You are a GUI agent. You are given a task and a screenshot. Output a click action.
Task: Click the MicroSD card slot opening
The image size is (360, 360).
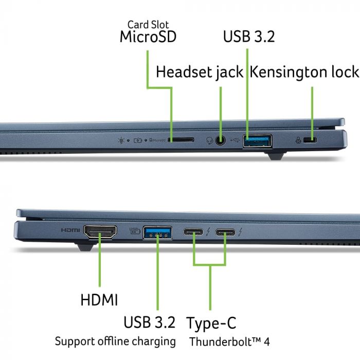point(182,139)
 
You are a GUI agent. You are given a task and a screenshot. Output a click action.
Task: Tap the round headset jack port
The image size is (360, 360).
point(221,139)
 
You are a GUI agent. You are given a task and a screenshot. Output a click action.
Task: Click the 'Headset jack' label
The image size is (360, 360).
point(200,72)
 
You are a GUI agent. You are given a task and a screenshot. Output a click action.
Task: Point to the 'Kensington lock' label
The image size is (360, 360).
point(304,72)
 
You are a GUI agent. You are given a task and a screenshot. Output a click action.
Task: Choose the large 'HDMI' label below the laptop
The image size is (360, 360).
point(99,299)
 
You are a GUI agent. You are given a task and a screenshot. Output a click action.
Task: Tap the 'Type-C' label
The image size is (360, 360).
point(211,323)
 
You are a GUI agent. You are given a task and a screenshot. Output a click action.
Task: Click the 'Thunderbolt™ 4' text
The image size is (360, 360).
point(229,341)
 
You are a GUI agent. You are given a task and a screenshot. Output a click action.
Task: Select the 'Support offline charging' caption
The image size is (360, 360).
point(115,341)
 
